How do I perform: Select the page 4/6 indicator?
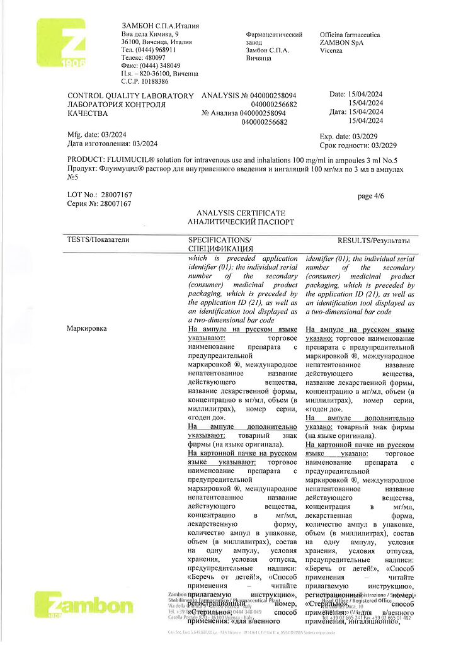(x=370, y=196)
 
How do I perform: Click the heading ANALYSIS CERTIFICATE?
(x=240, y=214)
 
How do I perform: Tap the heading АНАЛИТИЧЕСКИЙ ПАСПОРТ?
(x=240, y=222)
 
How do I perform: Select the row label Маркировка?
(x=87, y=329)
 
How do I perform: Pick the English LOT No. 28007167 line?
(x=99, y=195)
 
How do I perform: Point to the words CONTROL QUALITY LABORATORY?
(x=130, y=96)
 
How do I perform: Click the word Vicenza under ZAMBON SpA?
(x=331, y=50)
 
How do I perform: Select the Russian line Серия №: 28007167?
(x=99, y=204)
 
